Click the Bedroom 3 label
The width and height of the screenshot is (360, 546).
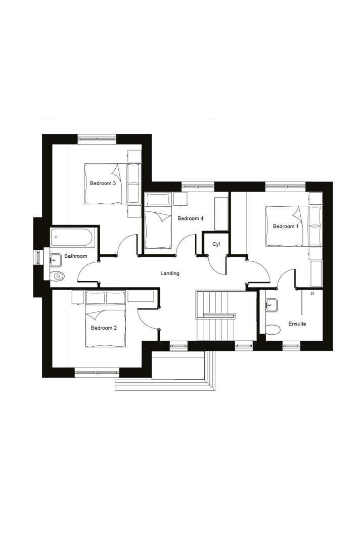click(x=103, y=183)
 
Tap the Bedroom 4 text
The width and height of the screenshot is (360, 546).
click(x=190, y=218)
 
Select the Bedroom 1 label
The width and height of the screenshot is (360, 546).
click(x=286, y=226)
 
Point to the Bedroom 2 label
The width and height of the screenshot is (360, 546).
click(x=104, y=328)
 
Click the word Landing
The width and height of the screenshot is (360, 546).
click(x=170, y=274)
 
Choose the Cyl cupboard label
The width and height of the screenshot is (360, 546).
click(x=216, y=244)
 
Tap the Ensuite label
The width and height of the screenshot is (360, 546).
click(x=297, y=324)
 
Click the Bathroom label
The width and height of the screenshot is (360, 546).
click(x=75, y=256)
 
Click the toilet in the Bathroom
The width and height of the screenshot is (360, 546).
click(x=57, y=277)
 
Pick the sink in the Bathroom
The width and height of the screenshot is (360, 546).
click(x=55, y=258)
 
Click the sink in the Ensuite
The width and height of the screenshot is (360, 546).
click(x=271, y=305)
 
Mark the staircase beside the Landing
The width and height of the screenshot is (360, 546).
click(x=227, y=315)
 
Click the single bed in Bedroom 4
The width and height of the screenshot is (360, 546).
click(x=158, y=221)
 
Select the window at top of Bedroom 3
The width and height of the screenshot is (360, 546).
click(x=97, y=139)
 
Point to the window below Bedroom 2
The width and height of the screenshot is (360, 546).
click(x=97, y=373)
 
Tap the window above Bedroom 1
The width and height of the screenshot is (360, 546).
click(x=286, y=187)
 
